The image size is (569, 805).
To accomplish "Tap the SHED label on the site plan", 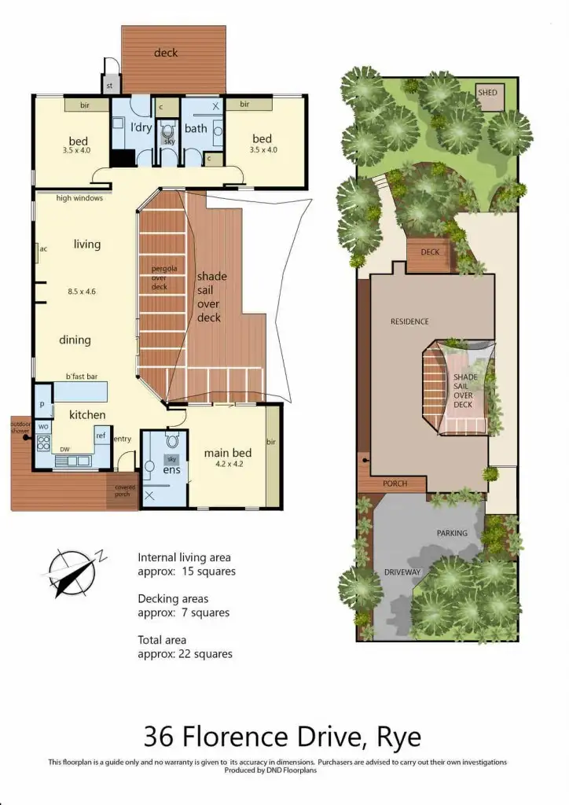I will point(487,93).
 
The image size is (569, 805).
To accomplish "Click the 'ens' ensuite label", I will point(171,469).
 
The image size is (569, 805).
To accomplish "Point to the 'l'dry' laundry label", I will point(141,127).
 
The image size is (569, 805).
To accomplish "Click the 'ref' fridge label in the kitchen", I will point(101,435).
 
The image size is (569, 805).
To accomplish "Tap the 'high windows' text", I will point(79,198).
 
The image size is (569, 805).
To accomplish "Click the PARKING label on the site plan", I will point(452,533).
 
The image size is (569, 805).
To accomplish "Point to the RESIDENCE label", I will point(409,322).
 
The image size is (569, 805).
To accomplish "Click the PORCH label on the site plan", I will point(395,483).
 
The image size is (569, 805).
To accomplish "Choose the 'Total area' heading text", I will point(162,641).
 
